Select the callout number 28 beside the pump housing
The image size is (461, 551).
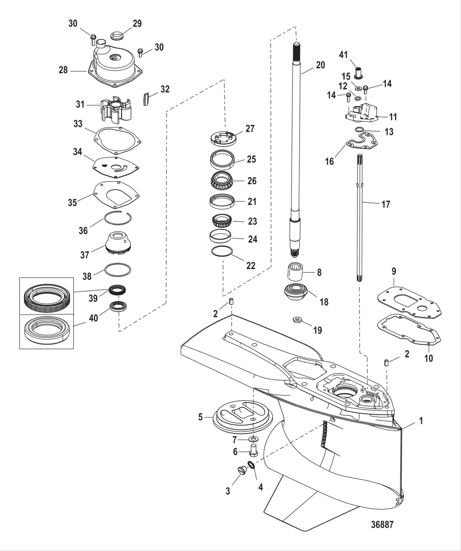pyautogui.click(x=63, y=70)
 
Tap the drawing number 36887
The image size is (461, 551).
pyautogui.click(x=382, y=525)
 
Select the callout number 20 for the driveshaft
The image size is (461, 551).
pyautogui.click(x=320, y=65)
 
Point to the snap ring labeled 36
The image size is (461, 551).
pyautogui.click(x=118, y=217)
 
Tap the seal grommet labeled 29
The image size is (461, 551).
pyautogui.click(x=117, y=36)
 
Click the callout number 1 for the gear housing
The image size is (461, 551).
pyautogui.click(x=421, y=421)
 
